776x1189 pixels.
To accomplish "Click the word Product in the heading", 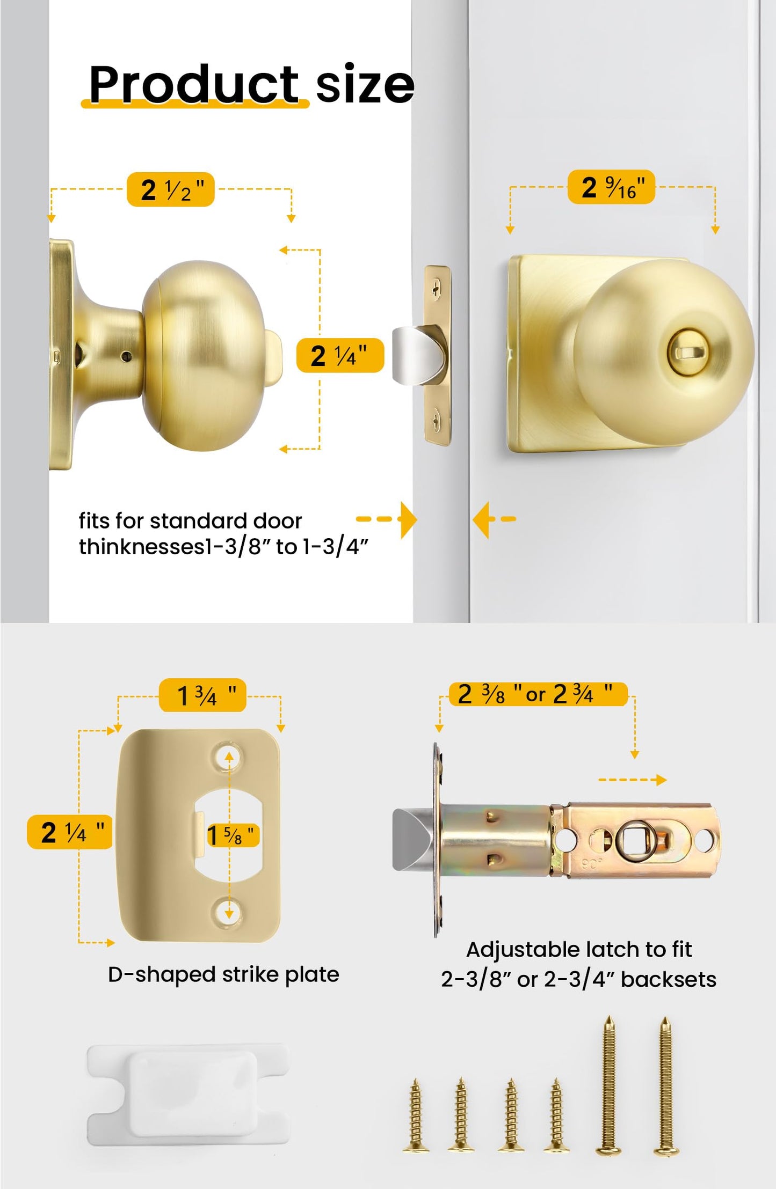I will [193, 84].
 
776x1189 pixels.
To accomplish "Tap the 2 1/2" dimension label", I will [171, 189].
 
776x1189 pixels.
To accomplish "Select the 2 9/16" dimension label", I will [611, 187].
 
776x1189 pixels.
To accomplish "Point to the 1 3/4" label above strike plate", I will [202, 695].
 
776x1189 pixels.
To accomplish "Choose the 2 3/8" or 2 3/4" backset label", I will [537, 694].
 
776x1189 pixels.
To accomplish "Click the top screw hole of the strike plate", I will [229, 757].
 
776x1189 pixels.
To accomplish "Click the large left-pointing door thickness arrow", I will [482, 519].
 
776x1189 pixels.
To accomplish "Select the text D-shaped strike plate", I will [223, 974].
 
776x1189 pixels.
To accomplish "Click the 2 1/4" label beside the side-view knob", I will [340, 355].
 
